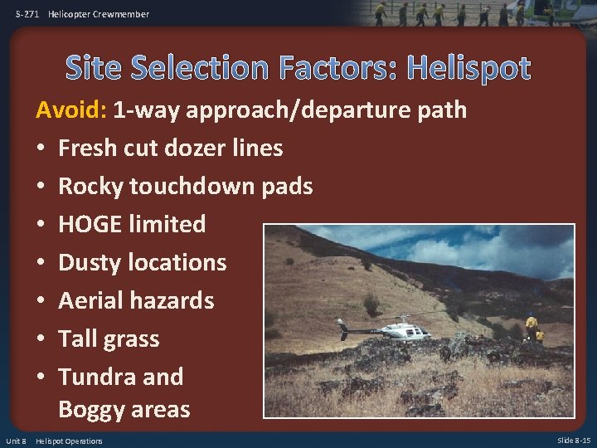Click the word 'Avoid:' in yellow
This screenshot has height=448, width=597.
[x=71, y=110]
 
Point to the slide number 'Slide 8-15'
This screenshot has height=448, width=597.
[x=574, y=441]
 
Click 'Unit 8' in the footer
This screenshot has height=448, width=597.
[x=16, y=441]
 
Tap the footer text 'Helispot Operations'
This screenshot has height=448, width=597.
[x=69, y=441]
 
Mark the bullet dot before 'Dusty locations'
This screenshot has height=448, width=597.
[x=39, y=263]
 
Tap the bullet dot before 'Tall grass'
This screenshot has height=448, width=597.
[x=39, y=339]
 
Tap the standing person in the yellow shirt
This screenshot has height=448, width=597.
[x=531, y=325]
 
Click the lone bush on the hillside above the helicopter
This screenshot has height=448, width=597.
[x=371, y=304]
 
